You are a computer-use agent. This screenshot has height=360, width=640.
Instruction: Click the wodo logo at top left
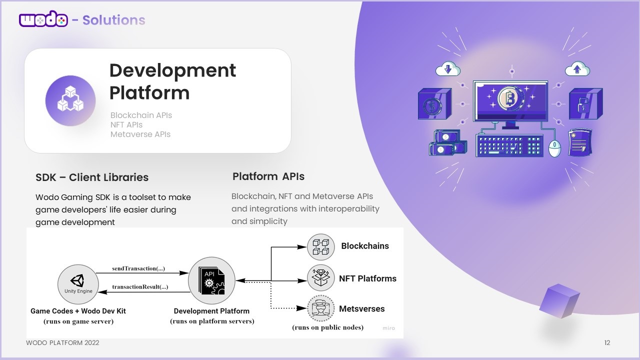pos(43,20)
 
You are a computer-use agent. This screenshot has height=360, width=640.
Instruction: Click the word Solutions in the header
pos(113,20)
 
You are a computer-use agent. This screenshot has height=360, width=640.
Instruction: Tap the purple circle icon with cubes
pos(70,100)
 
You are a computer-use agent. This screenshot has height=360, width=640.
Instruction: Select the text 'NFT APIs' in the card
pos(126,124)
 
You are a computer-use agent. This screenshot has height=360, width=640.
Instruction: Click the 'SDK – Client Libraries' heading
pos(92,177)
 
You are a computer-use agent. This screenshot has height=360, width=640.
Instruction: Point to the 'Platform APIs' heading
pos(268,176)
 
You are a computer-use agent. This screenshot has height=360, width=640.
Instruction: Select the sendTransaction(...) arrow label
pos(138,268)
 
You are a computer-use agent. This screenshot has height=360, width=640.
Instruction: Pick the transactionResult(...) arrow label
pos(140,287)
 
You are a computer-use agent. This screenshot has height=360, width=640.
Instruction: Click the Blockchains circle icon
pos(320,246)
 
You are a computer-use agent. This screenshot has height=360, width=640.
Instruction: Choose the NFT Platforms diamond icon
pos(320,278)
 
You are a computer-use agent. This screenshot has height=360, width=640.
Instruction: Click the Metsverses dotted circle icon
pos(320,309)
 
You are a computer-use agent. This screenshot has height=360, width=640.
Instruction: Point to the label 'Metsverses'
pos(362,309)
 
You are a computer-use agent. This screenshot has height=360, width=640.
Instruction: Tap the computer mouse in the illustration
pos(555,147)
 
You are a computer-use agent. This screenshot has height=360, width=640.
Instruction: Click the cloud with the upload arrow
pos(577,69)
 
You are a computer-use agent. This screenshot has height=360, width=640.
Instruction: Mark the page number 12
pos(607,343)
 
